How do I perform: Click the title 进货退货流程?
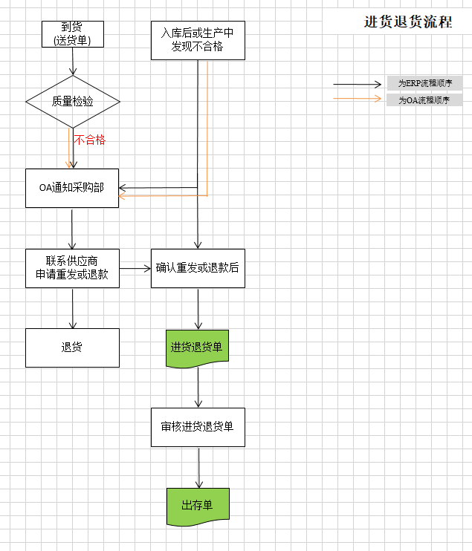[408, 22]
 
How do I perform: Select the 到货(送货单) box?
[72, 33]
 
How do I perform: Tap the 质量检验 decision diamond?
[72, 101]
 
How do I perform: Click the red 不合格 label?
[89, 140]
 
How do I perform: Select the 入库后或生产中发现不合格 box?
[197, 40]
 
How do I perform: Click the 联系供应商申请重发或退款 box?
[72, 267]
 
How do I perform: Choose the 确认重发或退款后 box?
[198, 267]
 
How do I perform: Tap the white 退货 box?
[72, 348]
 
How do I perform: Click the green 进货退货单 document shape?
[198, 348]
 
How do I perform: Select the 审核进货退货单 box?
[198, 427]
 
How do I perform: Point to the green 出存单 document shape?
[198, 505]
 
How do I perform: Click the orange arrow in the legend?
[357, 100]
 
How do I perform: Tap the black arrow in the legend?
[357, 84]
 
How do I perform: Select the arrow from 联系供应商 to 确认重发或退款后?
[135, 268]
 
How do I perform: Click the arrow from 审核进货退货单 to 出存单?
[198, 467]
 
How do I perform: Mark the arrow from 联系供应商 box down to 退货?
[72, 308]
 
